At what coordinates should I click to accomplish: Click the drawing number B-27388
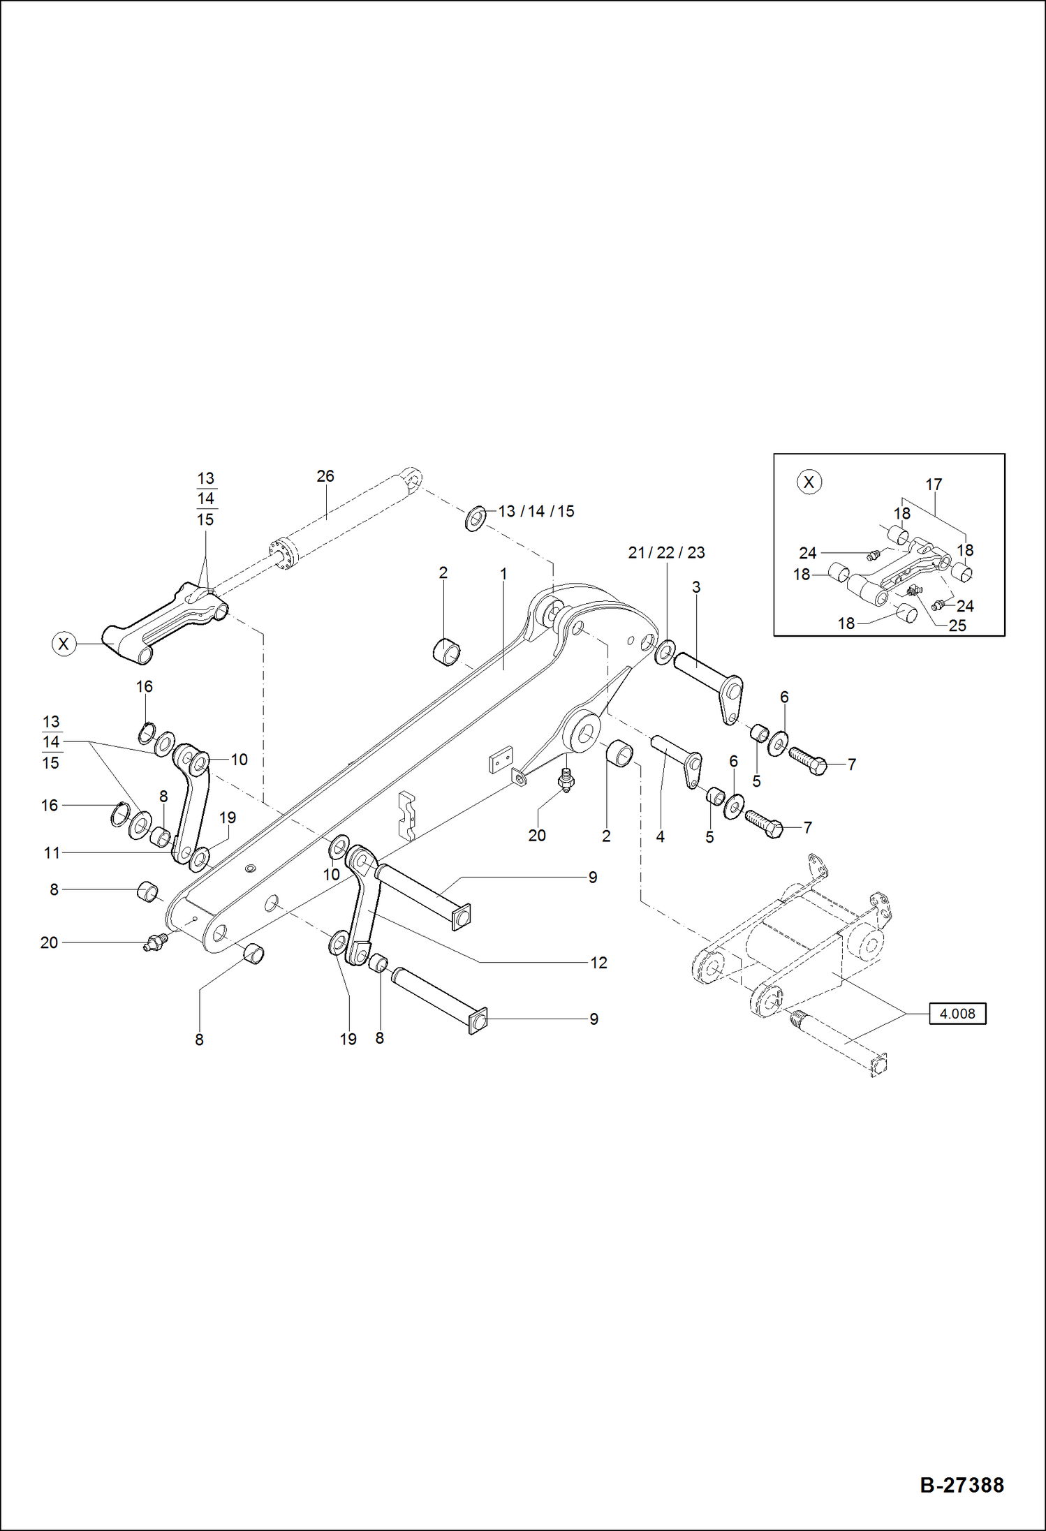tap(962, 1484)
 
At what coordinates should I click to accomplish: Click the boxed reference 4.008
tap(957, 1014)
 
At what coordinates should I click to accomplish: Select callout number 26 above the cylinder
tap(325, 476)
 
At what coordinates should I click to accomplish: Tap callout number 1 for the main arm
tap(503, 574)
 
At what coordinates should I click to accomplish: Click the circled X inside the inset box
tap(809, 482)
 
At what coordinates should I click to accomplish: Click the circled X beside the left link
tap(64, 644)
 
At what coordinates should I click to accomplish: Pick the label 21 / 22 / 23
tap(666, 553)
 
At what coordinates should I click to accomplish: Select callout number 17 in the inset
tap(934, 485)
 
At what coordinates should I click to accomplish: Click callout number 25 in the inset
tap(957, 626)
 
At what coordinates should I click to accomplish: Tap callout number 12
tap(598, 963)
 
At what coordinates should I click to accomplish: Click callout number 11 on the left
tap(52, 852)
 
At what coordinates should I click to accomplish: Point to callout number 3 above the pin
tap(696, 587)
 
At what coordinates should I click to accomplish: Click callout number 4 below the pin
tap(660, 836)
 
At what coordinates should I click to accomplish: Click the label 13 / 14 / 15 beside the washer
tap(536, 512)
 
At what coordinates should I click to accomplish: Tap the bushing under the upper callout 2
tap(447, 651)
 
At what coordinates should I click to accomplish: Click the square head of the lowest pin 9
tap(478, 1023)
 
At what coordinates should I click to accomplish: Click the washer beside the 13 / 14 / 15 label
tap(476, 519)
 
